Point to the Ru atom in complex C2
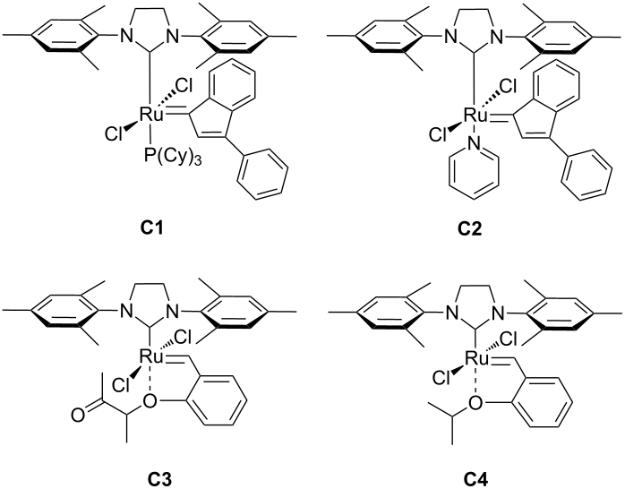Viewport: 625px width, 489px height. tap(467, 114)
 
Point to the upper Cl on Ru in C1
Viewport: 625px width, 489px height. tap(181, 88)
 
